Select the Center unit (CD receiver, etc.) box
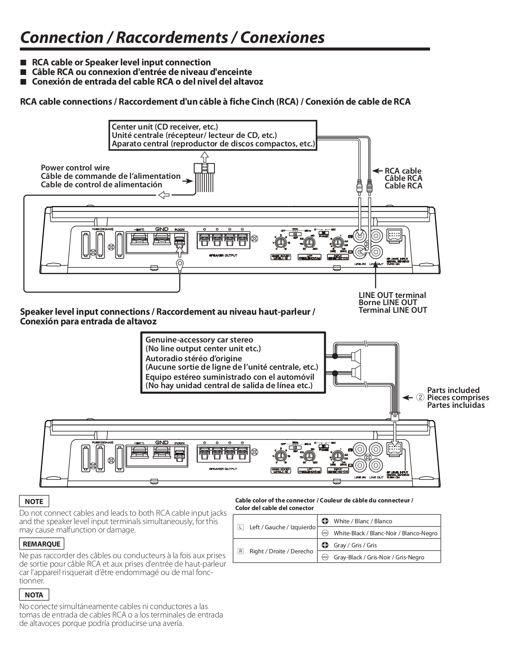(x=213, y=136)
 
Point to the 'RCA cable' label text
(x=403, y=171)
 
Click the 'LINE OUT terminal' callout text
(x=392, y=295)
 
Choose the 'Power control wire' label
(x=75, y=168)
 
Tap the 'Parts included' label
(x=453, y=390)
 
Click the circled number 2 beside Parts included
(x=420, y=397)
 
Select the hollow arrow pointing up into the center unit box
(x=204, y=156)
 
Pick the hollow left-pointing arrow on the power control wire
(x=164, y=195)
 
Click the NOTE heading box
(x=34, y=501)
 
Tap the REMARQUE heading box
(x=42, y=544)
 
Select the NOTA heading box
(x=34, y=595)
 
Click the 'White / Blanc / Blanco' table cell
(x=362, y=521)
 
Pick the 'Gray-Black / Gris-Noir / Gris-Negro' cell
(x=378, y=557)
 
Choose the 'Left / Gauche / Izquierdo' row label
(x=282, y=527)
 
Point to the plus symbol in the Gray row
(x=325, y=545)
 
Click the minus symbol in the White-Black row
(x=325, y=533)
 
